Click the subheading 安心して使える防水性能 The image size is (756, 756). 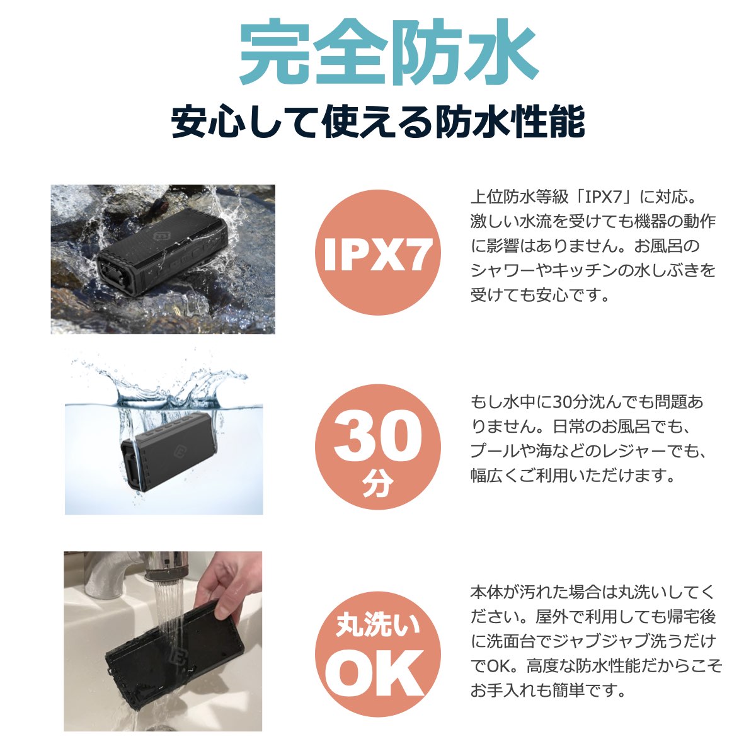coord(378,122)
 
